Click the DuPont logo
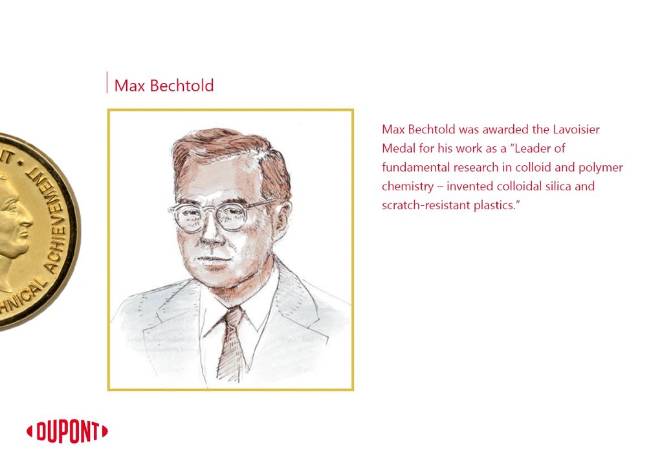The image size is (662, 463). (67, 432)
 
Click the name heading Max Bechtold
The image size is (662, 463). (164, 85)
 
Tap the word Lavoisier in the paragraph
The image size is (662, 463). (576, 130)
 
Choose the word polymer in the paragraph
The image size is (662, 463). (601, 168)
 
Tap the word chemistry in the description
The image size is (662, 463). (408, 186)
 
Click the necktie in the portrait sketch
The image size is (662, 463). (230, 344)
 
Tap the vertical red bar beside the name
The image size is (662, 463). (107, 82)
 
